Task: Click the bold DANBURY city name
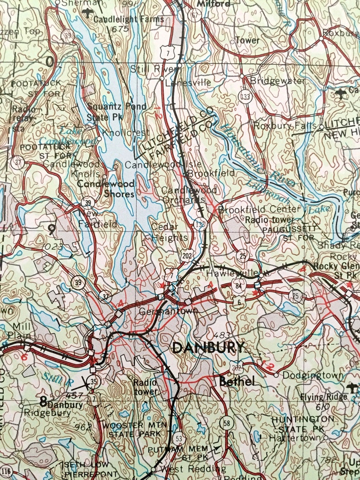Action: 209,348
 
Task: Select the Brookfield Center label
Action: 259,209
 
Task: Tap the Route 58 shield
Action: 225,423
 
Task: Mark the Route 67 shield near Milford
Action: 195,15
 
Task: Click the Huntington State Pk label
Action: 303,424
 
